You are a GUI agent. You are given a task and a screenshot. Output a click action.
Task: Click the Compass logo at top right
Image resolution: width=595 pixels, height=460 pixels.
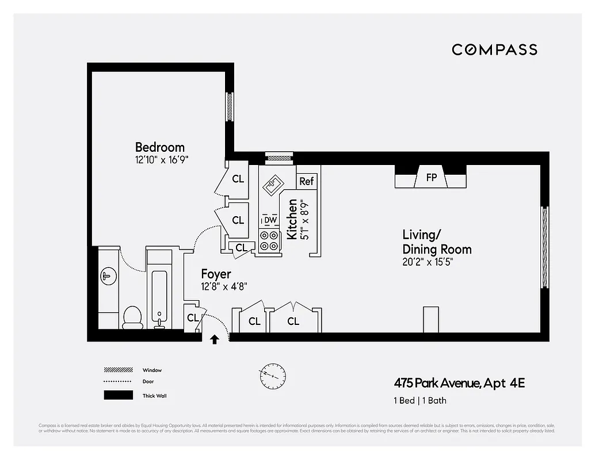click(494, 49)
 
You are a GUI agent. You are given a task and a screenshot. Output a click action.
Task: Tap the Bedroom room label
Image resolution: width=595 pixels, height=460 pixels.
click(159, 147)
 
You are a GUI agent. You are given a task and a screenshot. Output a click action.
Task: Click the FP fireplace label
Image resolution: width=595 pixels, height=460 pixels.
click(431, 178)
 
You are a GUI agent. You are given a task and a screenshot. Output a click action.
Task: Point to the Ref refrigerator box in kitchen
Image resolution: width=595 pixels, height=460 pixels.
click(307, 181)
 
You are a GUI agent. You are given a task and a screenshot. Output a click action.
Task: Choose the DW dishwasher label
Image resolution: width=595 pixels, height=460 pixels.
click(270, 220)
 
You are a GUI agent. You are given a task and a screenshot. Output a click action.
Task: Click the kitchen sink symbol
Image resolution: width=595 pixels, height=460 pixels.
click(271, 185)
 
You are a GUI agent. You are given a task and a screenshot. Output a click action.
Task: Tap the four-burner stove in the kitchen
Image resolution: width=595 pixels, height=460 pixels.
click(269, 240)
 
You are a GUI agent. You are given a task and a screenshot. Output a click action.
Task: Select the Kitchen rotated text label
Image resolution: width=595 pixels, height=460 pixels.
click(292, 219)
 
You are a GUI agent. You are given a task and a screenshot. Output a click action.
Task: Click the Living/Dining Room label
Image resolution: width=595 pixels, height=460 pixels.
click(436, 242)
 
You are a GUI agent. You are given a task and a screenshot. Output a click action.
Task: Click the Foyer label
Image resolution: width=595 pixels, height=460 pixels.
click(216, 274)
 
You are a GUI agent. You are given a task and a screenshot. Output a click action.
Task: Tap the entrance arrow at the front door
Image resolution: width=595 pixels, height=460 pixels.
click(215, 340)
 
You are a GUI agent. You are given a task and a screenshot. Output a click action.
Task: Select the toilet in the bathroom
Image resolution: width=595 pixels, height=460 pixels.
click(132, 317)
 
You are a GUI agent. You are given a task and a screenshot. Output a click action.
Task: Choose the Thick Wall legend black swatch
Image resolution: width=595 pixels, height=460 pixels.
click(117, 395)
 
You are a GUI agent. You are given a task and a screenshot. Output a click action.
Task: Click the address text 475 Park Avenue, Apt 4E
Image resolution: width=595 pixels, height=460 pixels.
click(459, 383)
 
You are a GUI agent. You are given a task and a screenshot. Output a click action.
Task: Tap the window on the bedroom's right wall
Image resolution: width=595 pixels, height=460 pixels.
click(229, 106)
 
